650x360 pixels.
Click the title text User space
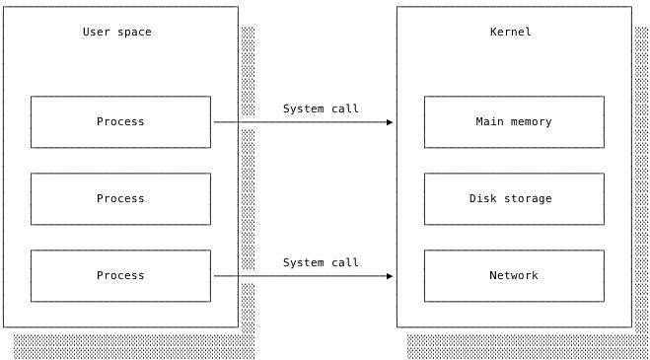coord(116,33)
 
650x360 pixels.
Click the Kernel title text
coord(510,33)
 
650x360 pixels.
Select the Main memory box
coord(513,122)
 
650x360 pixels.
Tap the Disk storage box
coord(513,198)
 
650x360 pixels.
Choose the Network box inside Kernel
coord(513,275)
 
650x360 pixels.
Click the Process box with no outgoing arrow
coord(120,198)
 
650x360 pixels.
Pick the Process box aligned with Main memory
coord(120,122)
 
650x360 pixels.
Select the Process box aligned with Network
coord(120,275)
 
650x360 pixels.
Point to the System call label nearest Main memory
coord(321,108)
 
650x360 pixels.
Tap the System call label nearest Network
coord(321,262)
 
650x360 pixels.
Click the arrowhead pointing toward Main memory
coord(390,122)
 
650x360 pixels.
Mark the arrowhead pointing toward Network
coord(390,276)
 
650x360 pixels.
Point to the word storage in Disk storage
coord(528,198)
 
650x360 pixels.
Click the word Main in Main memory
coord(489,122)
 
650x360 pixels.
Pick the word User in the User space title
coord(96,33)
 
